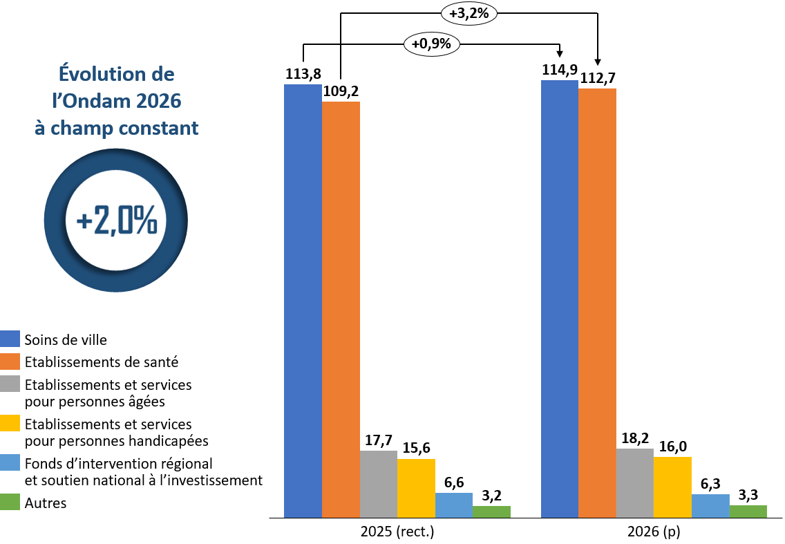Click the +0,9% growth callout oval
coord(431,44)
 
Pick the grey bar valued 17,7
coord(379,484)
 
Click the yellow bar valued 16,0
coord(672,487)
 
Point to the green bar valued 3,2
coord(491,512)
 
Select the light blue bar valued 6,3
coord(710,505)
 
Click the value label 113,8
coord(303,74)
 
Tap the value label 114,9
coord(560,70)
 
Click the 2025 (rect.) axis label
coord(397,533)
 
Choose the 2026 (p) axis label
coord(654,533)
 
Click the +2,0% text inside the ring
coord(116,221)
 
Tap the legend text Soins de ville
coord(66,340)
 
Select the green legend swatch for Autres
coord(10,503)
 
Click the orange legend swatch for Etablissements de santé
coord(10,362)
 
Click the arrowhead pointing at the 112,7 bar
coord(597,63)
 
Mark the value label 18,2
coord(634,438)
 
